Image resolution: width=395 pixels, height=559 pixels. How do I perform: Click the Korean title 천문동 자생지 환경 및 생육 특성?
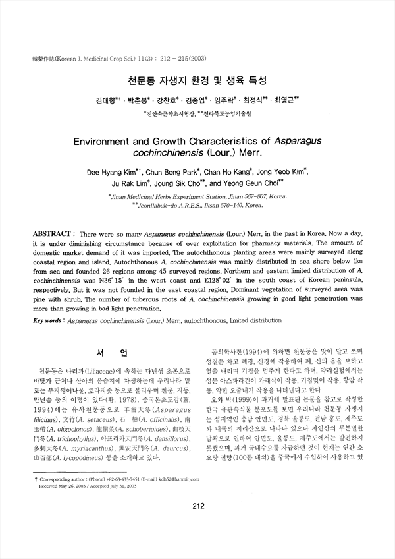pyautogui.click(x=197, y=82)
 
